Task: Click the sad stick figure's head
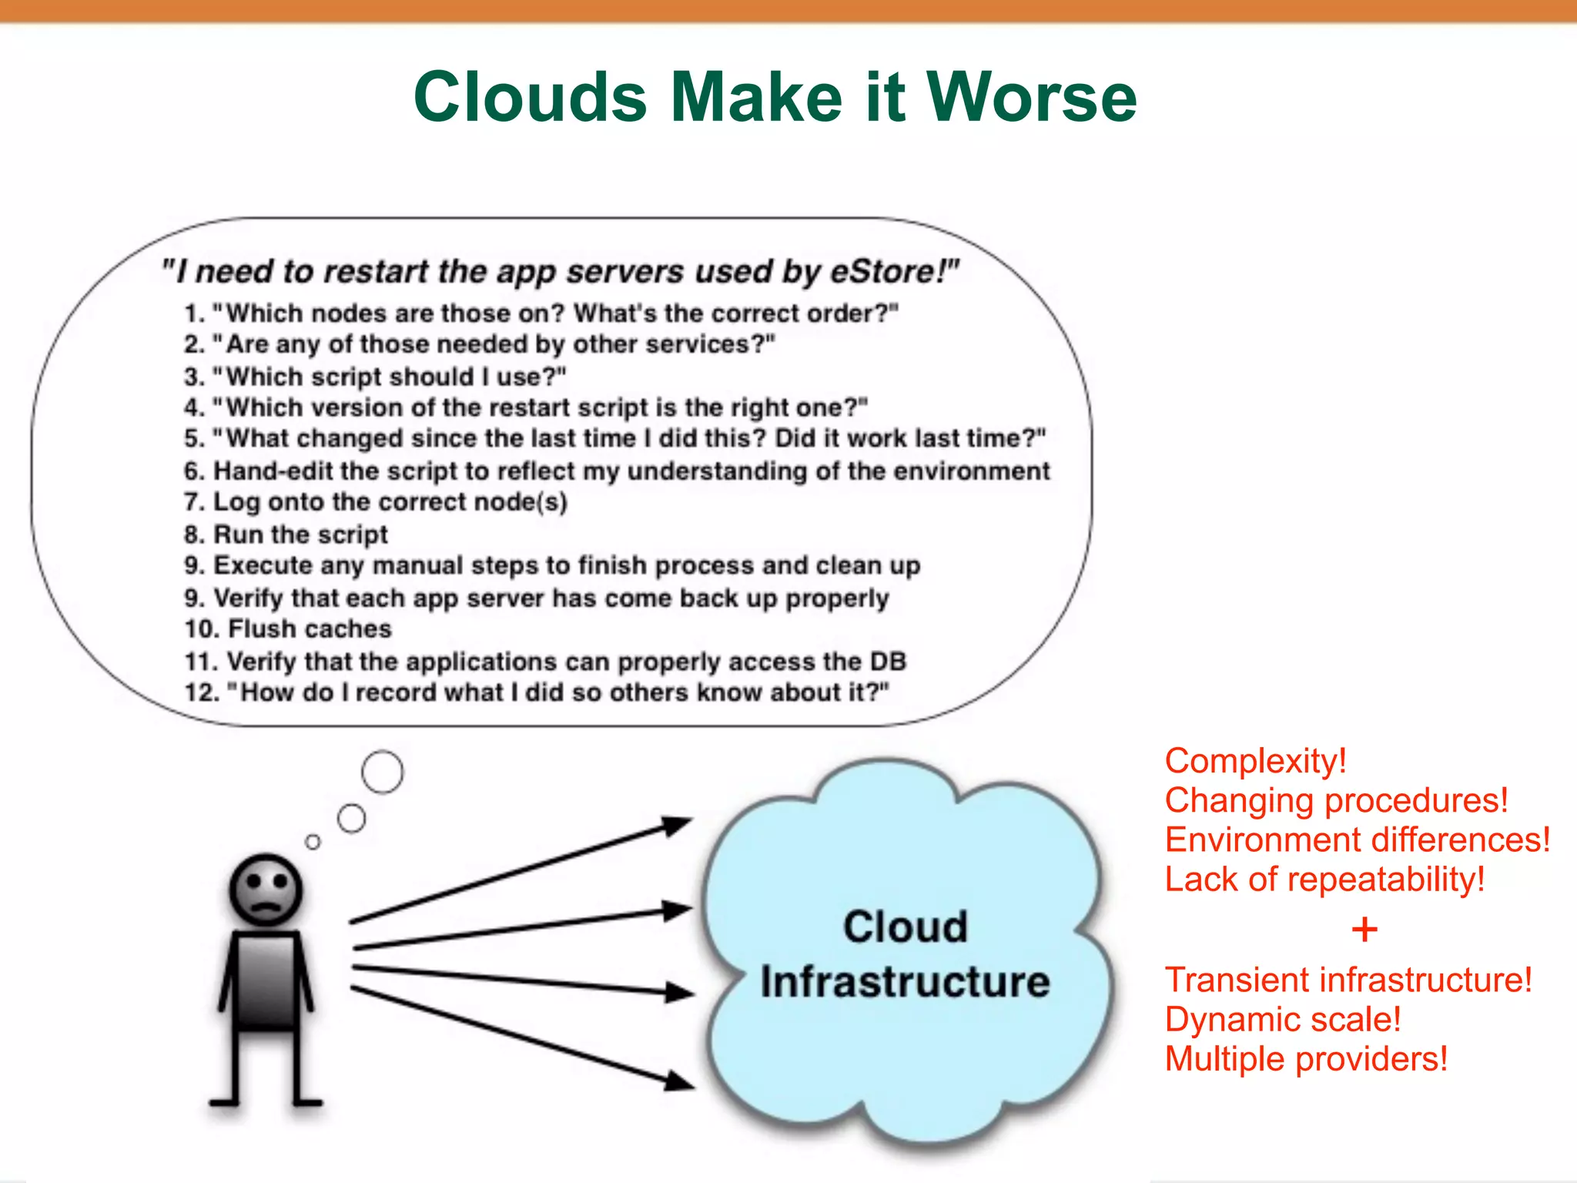point(266,890)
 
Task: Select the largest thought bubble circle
point(382,772)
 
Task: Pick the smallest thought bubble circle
point(313,842)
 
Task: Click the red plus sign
point(1364,930)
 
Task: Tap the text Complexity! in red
point(1255,761)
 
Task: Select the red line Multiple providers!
point(1306,1059)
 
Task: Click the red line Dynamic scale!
point(1282,1020)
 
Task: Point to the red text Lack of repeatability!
point(1324,880)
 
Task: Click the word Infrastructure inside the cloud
point(905,982)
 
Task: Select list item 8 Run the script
point(286,535)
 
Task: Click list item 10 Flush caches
point(289,629)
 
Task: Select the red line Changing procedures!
point(1336,800)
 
